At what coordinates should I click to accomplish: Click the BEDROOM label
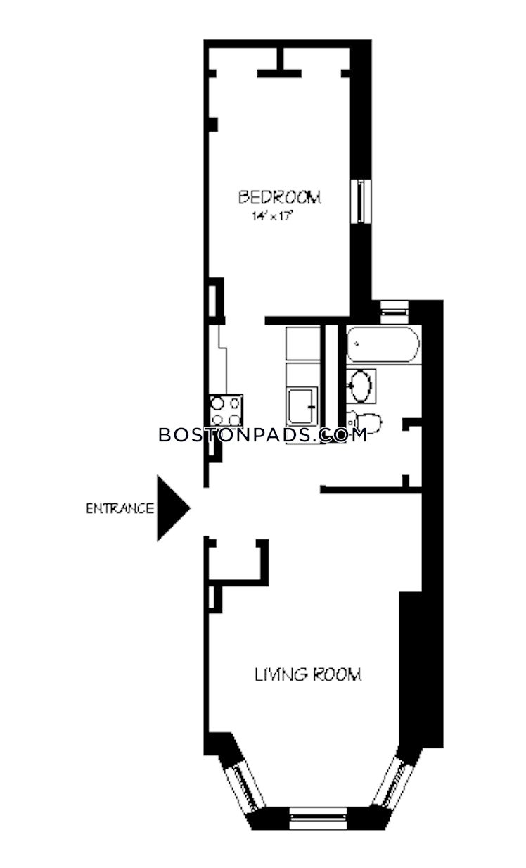point(279,197)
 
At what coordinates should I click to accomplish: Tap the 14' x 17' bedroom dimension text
point(271,216)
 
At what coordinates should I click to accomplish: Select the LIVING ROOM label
point(308,674)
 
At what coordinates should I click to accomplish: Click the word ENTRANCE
point(120,508)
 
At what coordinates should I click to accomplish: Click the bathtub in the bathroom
point(383,344)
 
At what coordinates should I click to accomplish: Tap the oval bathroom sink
point(361,386)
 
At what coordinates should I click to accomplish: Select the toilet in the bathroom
point(364,422)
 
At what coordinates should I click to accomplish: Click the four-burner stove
point(226,410)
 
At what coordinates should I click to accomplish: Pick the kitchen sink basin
point(301,406)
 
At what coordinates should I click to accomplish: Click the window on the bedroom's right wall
point(361,201)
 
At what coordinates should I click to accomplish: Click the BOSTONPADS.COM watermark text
point(263,435)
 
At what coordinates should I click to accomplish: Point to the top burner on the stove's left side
point(217,403)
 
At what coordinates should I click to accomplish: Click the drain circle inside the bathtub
point(357,344)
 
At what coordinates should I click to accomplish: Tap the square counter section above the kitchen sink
point(303,344)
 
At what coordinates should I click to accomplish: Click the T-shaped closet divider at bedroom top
point(280,62)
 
